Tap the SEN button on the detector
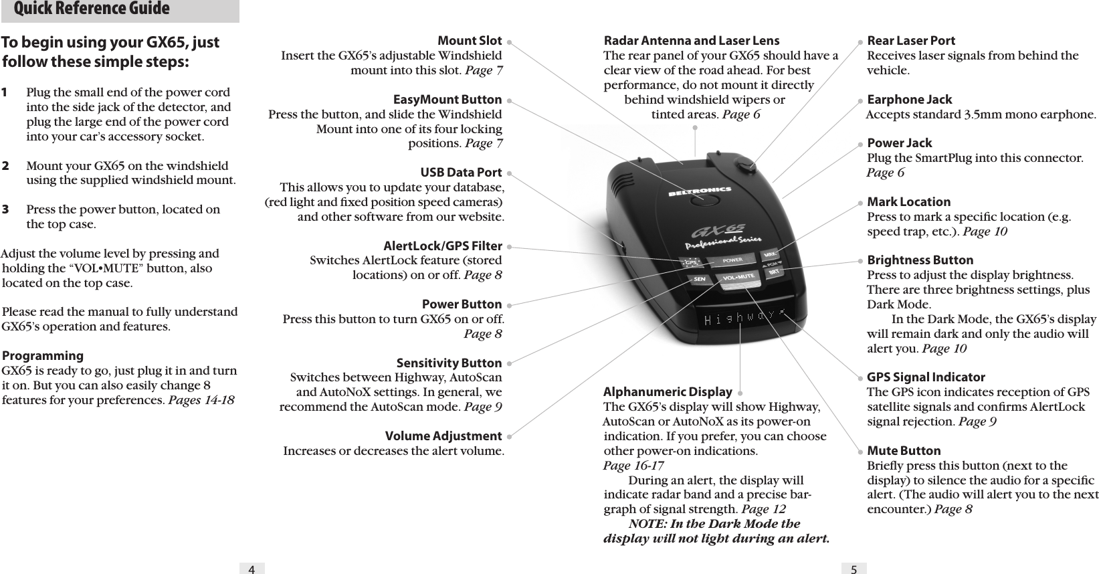(699, 279)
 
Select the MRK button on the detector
(771, 255)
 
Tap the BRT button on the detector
(775, 272)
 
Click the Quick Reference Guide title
(92, 9)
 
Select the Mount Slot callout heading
(469, 41)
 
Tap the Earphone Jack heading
(909, 100)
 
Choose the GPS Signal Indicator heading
(925, 377)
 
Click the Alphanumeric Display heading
(667, 392)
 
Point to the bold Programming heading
(43, 356)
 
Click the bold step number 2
(5, 165)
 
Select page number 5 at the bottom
(854, 569)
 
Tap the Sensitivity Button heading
(449, 363)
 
